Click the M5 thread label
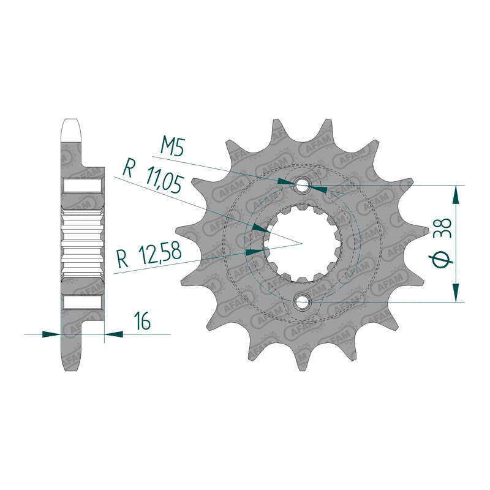point(171,146)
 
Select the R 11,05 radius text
point(152,179)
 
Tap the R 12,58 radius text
point(149,255)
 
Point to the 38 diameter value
point(445,228)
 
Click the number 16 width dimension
point(142,320)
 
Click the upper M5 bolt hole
point(301,185)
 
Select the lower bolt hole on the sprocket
point(301,301)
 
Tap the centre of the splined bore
point(301,243)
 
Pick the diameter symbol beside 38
point(441,259)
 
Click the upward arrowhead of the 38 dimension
point(456,195)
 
